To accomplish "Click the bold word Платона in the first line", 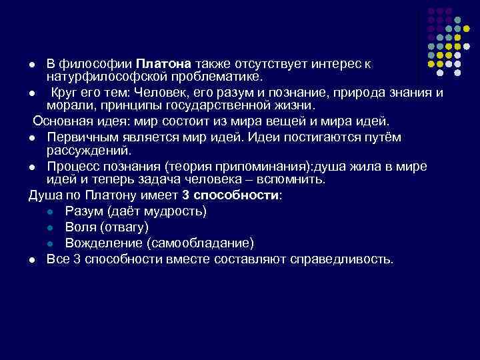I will [165, 63].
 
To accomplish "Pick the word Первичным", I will [82, 137].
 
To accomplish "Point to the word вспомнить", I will [294, 179].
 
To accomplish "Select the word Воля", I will [81, 227].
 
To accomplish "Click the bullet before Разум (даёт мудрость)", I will [51, 212].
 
